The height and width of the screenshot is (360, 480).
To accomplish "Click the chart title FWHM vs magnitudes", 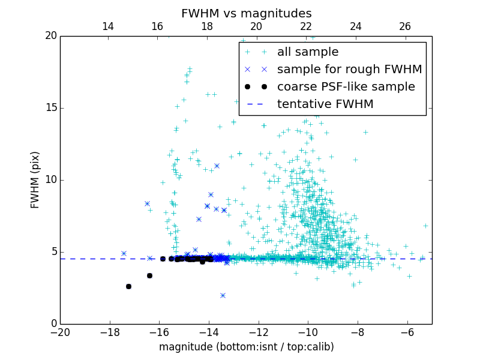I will [246, 13].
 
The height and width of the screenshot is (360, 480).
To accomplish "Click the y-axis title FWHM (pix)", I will [35, 180].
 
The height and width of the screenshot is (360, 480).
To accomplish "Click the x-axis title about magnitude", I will [246, 347].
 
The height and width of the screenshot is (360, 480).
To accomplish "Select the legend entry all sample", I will [308, 52].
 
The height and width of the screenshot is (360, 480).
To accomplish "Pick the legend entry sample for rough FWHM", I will [349, 70].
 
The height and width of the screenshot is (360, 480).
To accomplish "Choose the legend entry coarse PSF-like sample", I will [346, 87].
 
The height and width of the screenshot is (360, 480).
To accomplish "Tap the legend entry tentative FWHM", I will [325, 104].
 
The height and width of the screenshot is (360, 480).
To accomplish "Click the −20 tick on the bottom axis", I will [60, 332].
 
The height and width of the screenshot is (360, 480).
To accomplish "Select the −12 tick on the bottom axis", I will [259, 332].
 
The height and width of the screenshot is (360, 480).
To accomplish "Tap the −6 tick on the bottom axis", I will [407, 332].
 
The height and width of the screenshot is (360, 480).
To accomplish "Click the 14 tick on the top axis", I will [108, 26].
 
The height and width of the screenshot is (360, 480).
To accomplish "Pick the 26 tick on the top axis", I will [405, 26].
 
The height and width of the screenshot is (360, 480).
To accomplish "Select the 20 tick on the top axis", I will [256, 26].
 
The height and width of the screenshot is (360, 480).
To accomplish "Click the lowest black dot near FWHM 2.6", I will [128, 286].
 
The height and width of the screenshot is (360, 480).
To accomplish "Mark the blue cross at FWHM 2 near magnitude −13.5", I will [223, 295].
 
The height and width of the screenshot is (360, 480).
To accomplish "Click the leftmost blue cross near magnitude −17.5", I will [124, 253].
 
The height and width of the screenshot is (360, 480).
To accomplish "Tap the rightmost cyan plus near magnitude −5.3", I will [425, 226].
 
